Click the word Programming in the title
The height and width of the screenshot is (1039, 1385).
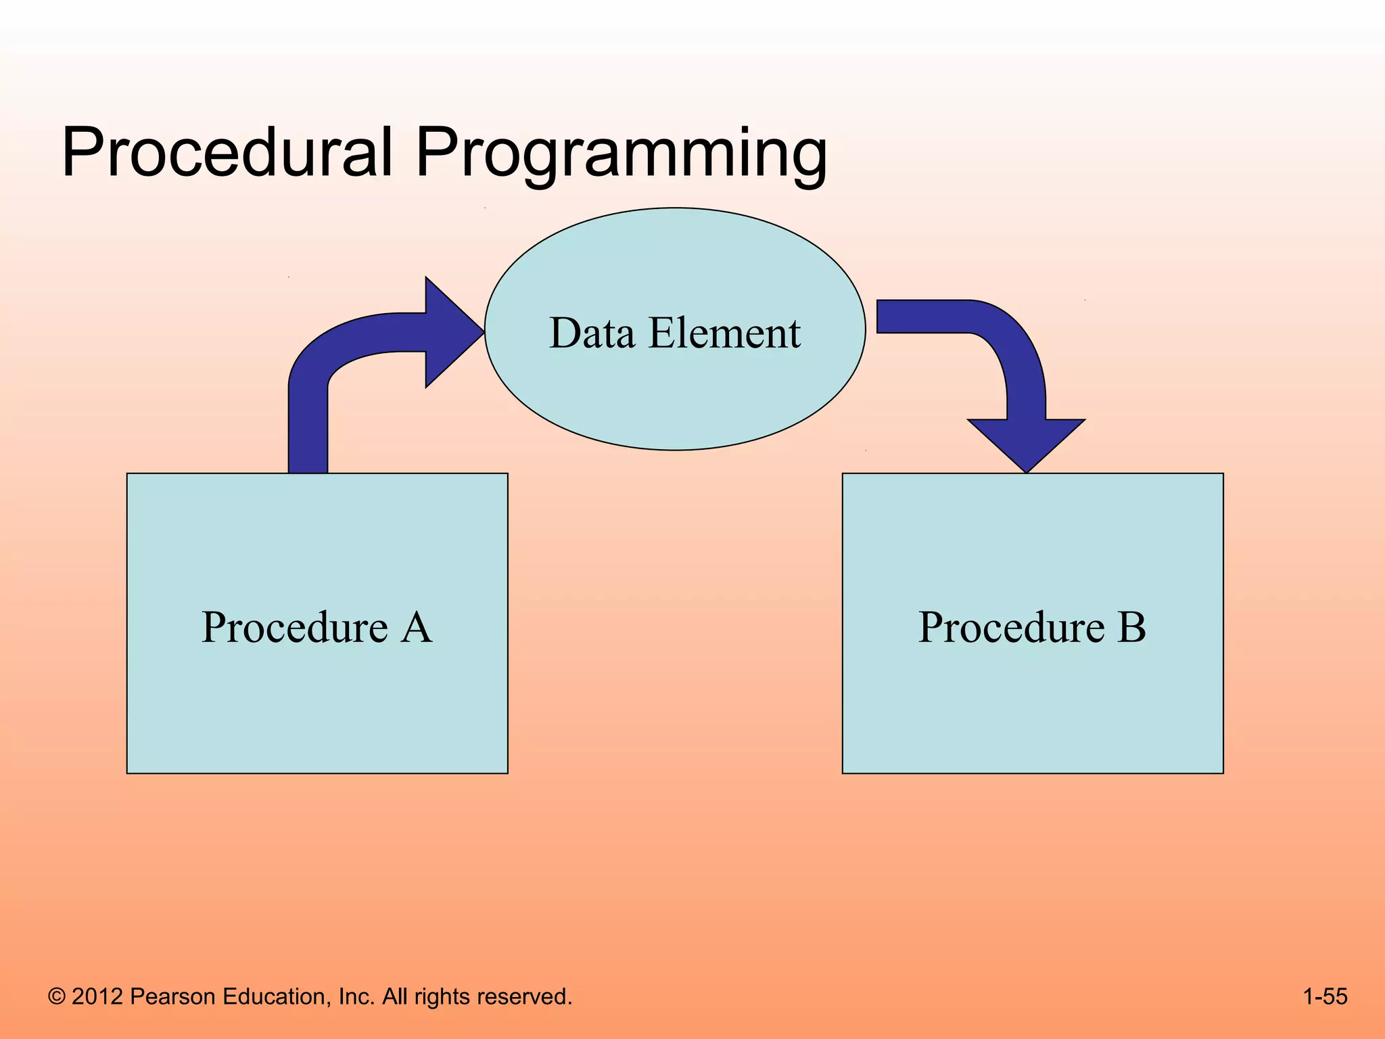621,156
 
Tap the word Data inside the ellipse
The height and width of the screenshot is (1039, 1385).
592,333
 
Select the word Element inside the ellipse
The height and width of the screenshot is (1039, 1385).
724,333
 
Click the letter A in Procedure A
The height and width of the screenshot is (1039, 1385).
417,627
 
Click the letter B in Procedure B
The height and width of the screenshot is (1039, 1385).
1131,627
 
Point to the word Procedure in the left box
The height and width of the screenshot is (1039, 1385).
295,627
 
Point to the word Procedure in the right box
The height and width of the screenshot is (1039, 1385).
1011,627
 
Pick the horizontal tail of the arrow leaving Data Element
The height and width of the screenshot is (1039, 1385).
920,317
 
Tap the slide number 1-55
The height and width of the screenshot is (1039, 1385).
1325,996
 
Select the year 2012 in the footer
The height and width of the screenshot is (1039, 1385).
97,996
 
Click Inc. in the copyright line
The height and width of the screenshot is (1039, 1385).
356,996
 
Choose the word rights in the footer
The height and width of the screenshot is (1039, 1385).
442,996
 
